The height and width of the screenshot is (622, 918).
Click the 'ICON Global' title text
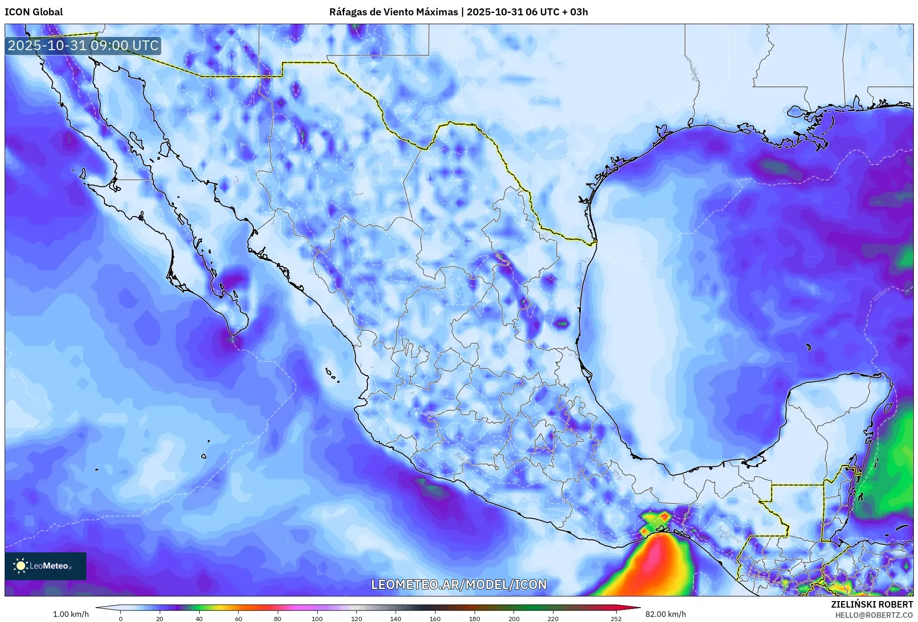(33, 12)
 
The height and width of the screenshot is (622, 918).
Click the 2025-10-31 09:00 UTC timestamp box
(83, 46)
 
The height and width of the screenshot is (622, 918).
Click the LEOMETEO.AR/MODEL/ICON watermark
(459, 584)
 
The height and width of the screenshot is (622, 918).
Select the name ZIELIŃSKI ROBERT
(872, 604)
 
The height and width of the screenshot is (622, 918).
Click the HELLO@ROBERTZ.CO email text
(873, 615)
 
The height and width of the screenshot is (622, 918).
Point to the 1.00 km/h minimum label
(71, 614)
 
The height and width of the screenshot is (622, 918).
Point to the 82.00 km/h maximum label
(665, 614)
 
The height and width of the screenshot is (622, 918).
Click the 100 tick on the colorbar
(317, 618)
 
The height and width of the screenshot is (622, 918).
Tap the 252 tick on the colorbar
(616, 618)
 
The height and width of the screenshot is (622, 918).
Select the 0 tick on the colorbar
(121, 618)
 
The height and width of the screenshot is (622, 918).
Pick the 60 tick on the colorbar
(238, 618)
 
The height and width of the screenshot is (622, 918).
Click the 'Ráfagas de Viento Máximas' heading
(393, 12)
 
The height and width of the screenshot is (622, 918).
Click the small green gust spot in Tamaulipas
(562, 323)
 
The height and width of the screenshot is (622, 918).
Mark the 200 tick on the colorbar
(514, 618)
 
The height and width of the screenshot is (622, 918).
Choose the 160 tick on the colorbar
(435, 618)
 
